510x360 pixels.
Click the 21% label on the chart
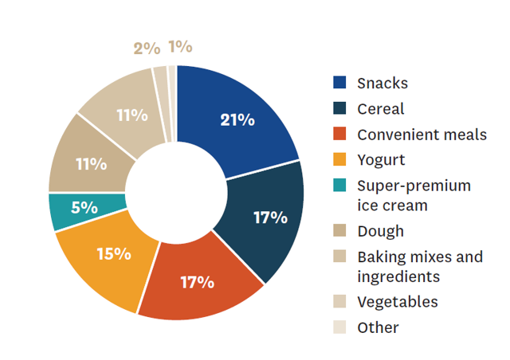click(x=237, y=120)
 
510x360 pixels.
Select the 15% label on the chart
click(x=114, y=253)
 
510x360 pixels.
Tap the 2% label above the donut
click(x=147, y=49)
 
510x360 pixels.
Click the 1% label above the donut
click(x=181, y=46)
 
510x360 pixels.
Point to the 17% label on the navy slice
click(x=271, y=217)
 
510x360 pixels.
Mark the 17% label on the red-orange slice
click(x=198, y=282)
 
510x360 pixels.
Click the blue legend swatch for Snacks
click(x=339, y=82)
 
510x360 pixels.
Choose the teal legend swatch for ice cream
click(x=339, y=185)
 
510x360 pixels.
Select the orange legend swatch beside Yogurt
click(x=339, y=159)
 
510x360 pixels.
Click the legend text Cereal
click(x=381, y=108)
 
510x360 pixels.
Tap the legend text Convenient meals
click(x=422, y=135)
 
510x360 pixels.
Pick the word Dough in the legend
click(x=381, y=231)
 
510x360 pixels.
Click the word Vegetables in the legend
click(x=398, y=302)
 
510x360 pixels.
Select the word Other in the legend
click(x=378, y=327)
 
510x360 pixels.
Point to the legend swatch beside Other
click(x=339, y=327)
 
